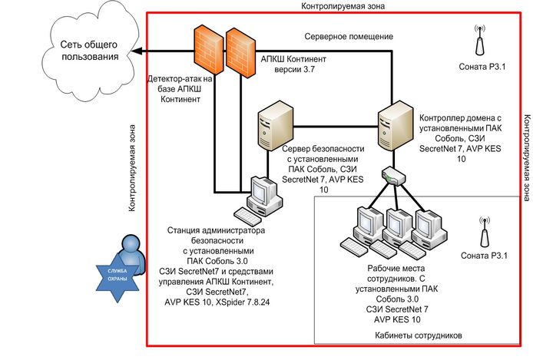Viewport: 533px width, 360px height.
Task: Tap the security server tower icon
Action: point(275,131)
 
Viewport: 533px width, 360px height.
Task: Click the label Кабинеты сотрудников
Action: point(418,335)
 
